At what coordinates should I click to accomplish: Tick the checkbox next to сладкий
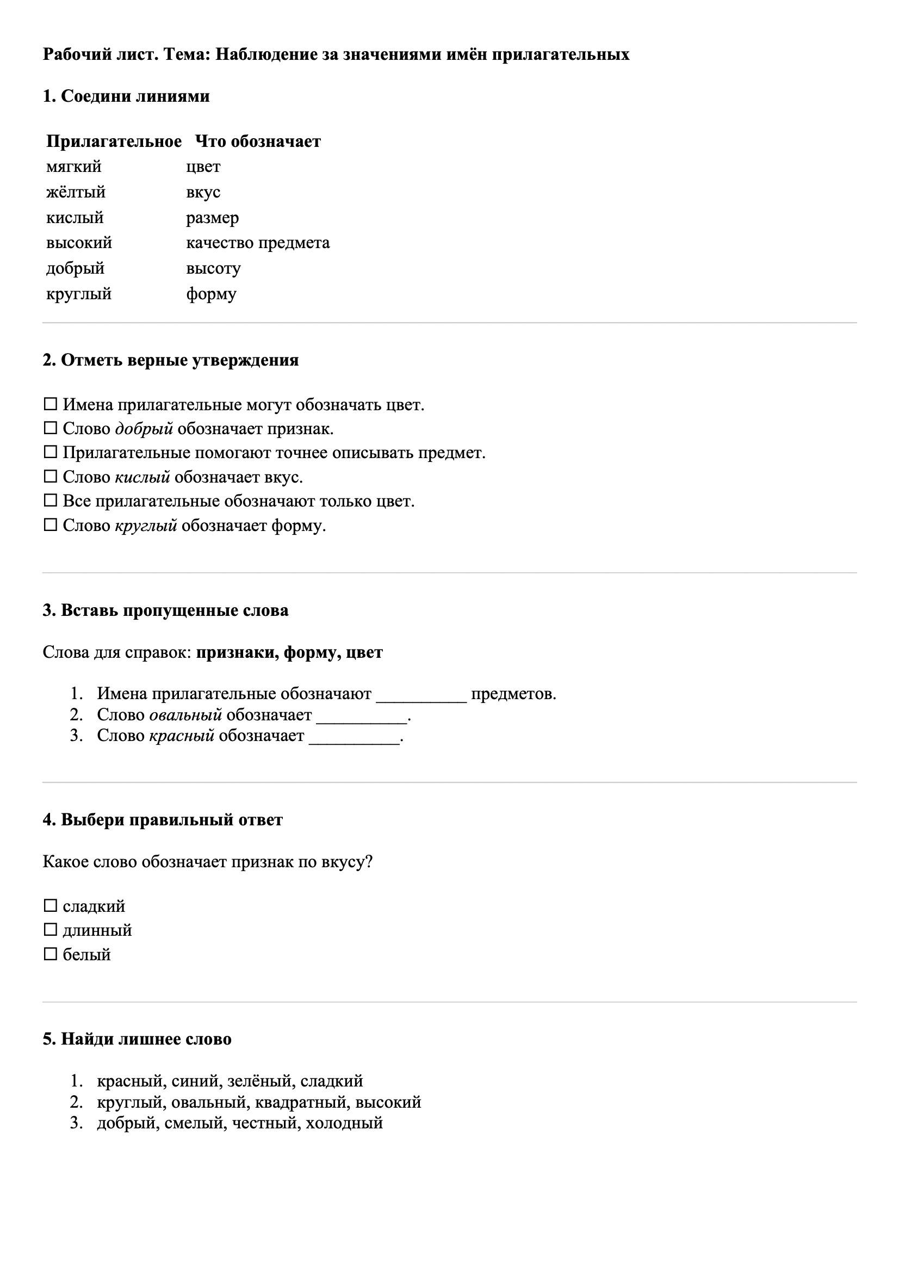(51, 906)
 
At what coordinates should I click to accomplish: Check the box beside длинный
(51, 930)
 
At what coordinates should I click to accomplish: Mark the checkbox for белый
(51, 954)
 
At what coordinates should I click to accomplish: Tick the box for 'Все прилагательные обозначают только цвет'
(51, 501)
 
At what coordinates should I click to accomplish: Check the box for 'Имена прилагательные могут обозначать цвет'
(51, 404)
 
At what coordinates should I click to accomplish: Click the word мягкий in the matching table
(73, 167)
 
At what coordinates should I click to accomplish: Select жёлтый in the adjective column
(76, 192)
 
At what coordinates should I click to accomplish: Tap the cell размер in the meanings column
(212, 218)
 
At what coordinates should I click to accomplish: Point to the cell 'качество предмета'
(258, 243)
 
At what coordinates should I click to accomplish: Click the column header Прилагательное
(114, 141)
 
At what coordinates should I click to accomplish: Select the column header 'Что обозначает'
(258, 141)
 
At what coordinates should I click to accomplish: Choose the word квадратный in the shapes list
(300, 1102)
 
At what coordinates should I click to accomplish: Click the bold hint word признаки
(237, 653)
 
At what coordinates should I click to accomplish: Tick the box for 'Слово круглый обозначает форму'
(51, 524)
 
